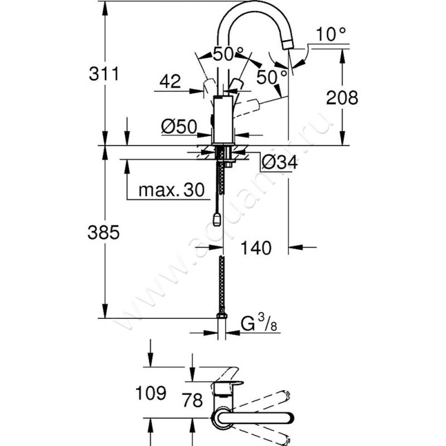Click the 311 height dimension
click(x=104, y=73)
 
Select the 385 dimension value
click(x=104, y=234)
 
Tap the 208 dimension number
click(x=342, y=98)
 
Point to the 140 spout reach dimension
click(x=256, y=247)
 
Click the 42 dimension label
click(x=169, y=82)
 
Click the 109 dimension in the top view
click(x=150, y=394)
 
